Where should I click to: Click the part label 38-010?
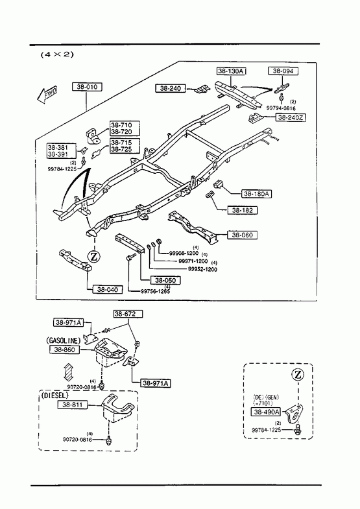coord(87,87)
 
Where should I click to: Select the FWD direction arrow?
coord(47,94)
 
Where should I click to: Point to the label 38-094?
coord(283,71)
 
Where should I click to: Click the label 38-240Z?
coord(291,117)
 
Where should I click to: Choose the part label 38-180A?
coord(257,194)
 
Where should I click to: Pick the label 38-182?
coord(242,210)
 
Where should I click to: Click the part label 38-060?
coord(242,235)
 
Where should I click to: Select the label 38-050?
coord(165,280)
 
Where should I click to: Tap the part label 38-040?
coord(108,289)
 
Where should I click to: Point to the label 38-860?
coord(65,349)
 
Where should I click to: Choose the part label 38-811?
coord(73,405)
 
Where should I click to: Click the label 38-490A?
coord(267,412)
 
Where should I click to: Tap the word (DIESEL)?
coord(55,396)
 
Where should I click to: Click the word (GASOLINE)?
coord(64,340)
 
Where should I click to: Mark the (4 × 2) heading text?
coord(57,54)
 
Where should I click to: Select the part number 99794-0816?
coord(281,108)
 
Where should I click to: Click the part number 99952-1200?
coord(202,269)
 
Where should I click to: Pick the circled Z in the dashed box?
coord(298,375)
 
